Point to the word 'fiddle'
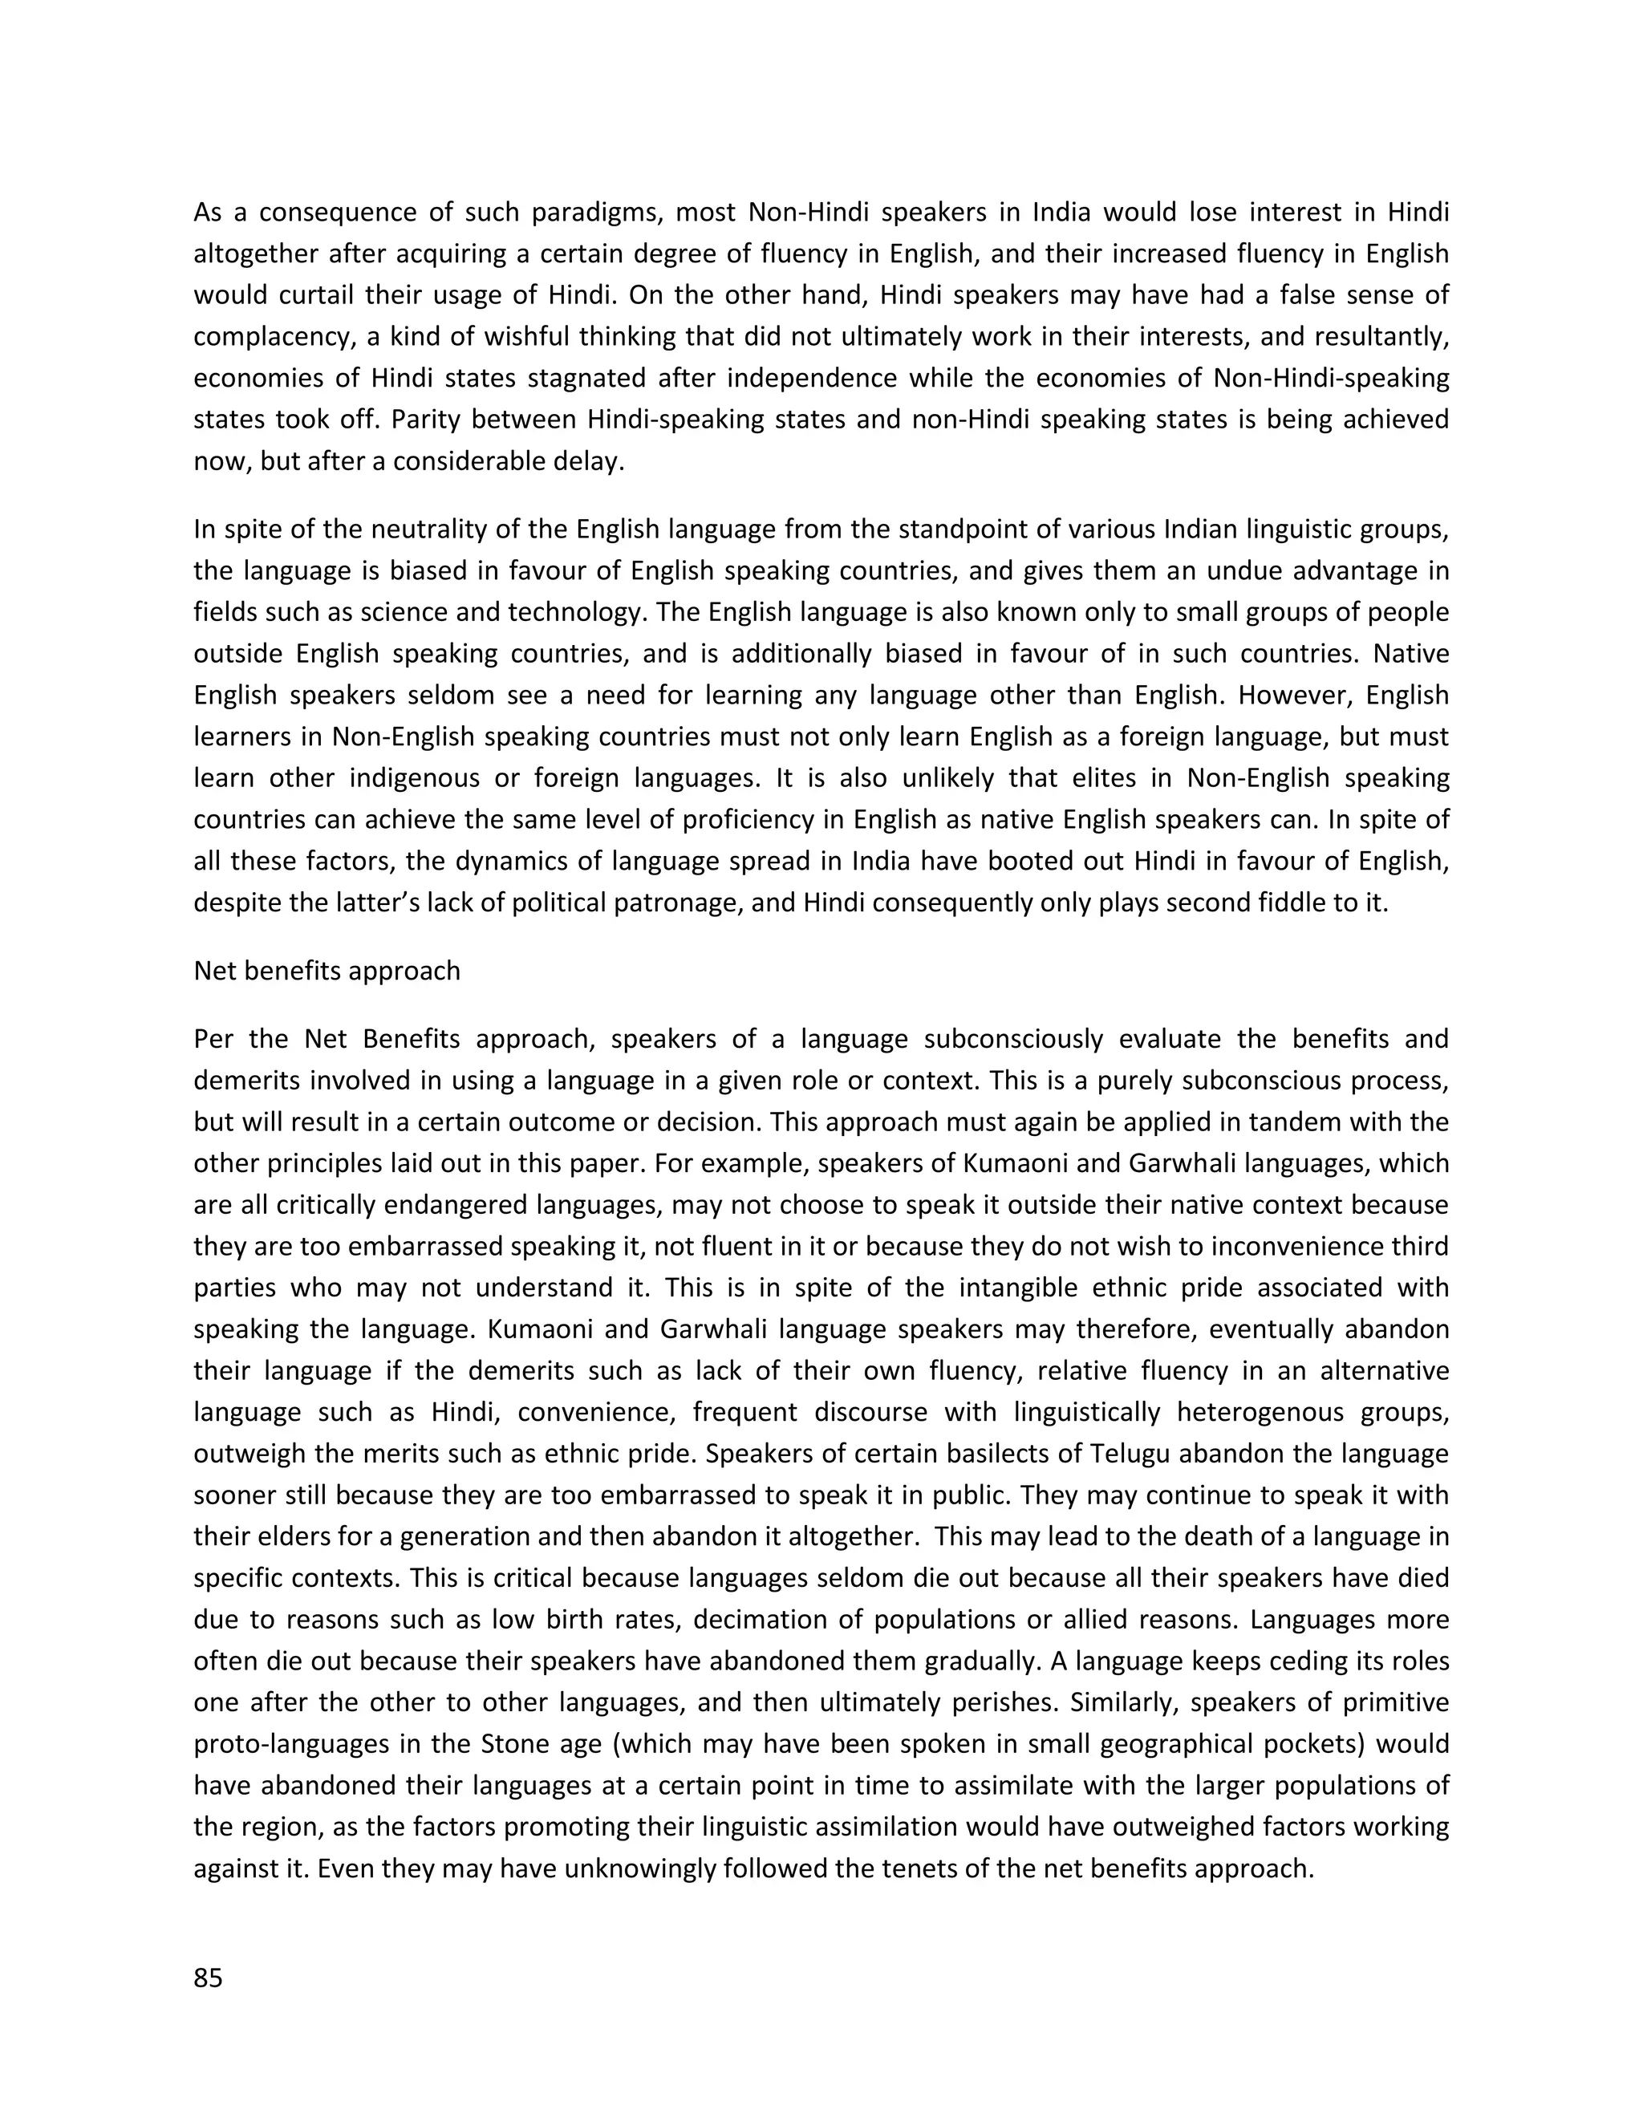1288,903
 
